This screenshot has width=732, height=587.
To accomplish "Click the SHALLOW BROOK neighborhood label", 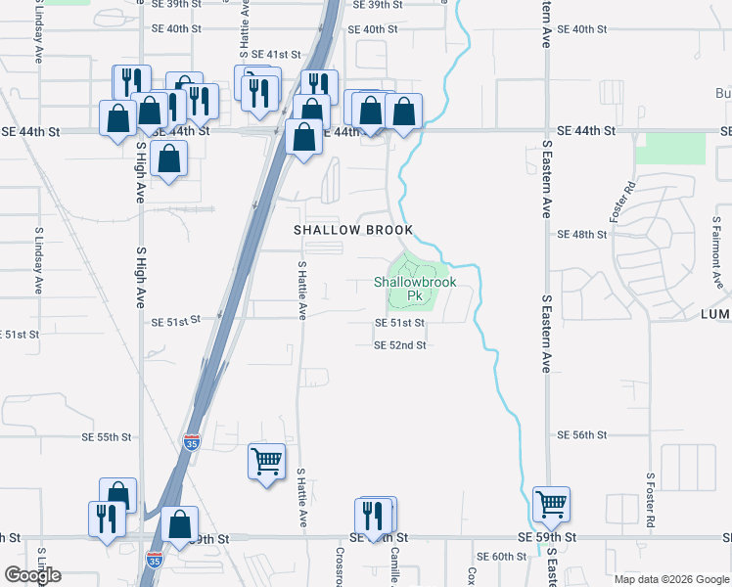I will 354,230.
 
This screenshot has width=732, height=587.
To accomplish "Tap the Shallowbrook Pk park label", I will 415,288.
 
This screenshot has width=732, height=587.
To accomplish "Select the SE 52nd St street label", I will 400,345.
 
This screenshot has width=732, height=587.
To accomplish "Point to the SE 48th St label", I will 582,235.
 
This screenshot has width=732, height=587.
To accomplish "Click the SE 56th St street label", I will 582,434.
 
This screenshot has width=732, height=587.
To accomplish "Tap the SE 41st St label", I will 276,55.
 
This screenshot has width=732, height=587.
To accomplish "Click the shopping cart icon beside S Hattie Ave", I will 266,459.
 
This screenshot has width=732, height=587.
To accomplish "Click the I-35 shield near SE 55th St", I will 192,442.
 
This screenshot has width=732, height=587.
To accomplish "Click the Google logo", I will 33,575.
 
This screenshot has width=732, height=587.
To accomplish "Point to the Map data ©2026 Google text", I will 670,579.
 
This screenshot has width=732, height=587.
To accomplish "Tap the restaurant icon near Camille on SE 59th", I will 372,516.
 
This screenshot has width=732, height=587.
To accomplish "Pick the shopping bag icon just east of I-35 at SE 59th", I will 180,523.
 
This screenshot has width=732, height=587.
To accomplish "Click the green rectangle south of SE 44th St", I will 670,147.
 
